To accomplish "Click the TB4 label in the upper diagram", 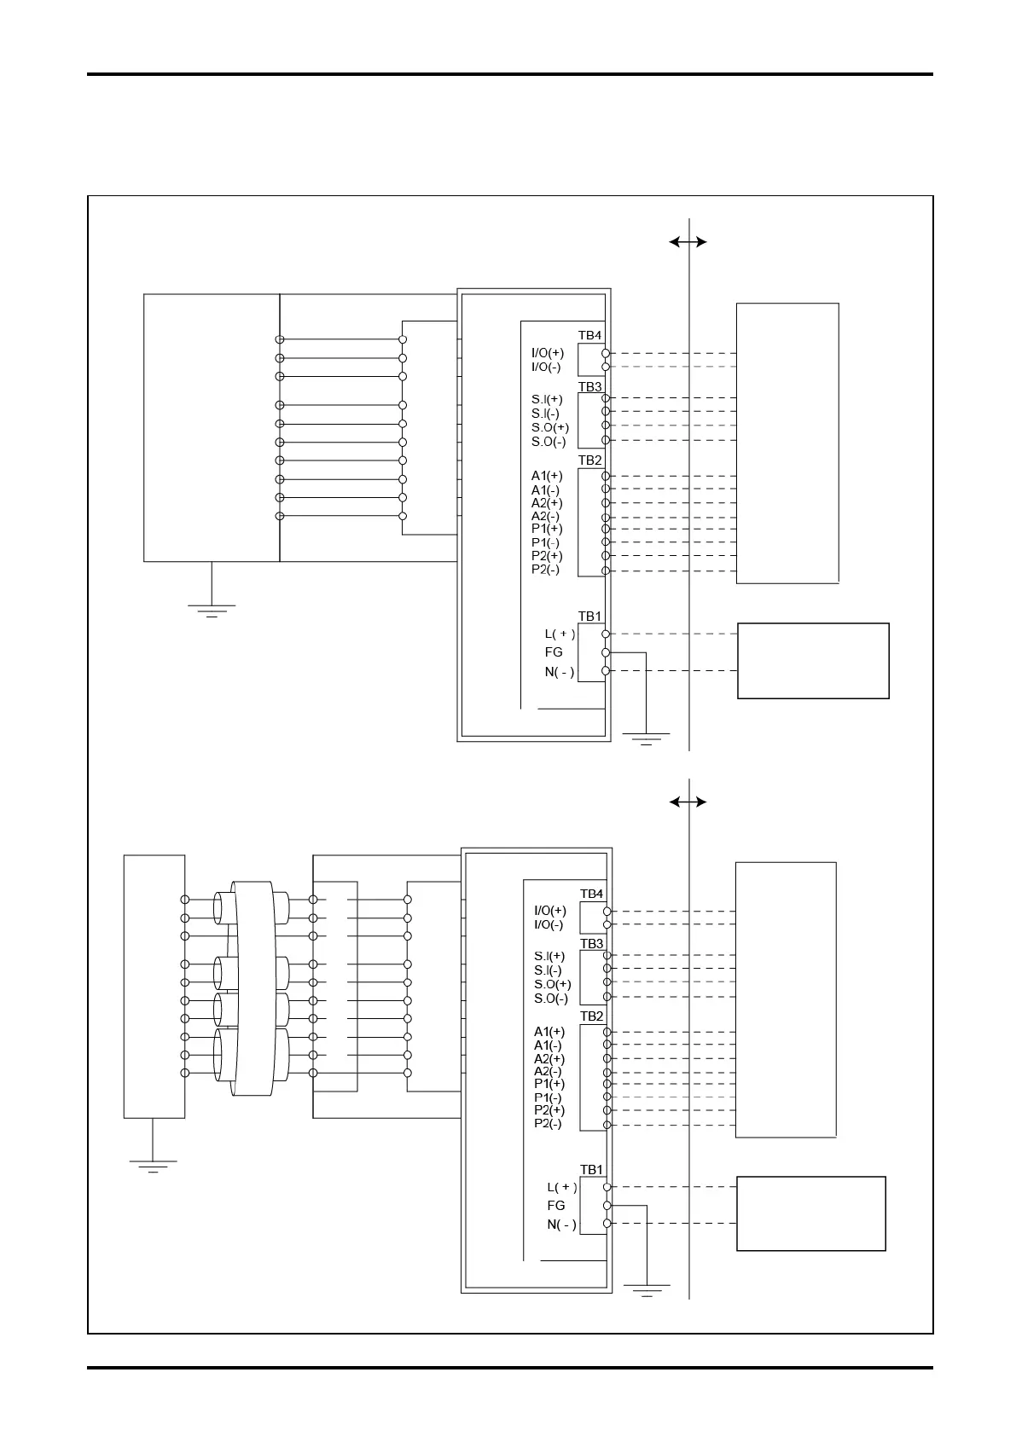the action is click(x=589, y=335).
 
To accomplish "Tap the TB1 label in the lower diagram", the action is click(x=591, y=1170).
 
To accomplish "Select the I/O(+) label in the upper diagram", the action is click(x=547, y=353).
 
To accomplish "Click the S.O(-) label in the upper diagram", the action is click(x=549, y=442).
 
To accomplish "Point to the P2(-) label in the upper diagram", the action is click(x=546, y=570).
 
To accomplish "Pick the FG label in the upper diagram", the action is click(x=554, y=652).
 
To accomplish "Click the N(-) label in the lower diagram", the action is click(x=561, y=1225).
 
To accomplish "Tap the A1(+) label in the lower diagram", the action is click(x=549, y=1032).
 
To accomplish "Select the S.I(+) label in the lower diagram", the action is click(x=549, y=956).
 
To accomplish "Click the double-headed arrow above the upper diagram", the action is click(x=688, y=242).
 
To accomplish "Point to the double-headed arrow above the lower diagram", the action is click(x=688, y=802).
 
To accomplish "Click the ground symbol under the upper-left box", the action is click(x=212, y=610).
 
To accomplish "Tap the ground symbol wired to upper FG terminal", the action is click(x=646, y=738).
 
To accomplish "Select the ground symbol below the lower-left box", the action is click(x=154, y=1166).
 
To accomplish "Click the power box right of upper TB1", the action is click(x=813, y=661).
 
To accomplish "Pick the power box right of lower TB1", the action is click(x=810, y=1213).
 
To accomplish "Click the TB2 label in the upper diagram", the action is click(x=589, y=460).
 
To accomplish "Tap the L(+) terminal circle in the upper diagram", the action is click(x=606, y=634).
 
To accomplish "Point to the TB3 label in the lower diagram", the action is click(x=591, y=944).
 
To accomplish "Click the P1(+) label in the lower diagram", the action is click(x=549, y=1084).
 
